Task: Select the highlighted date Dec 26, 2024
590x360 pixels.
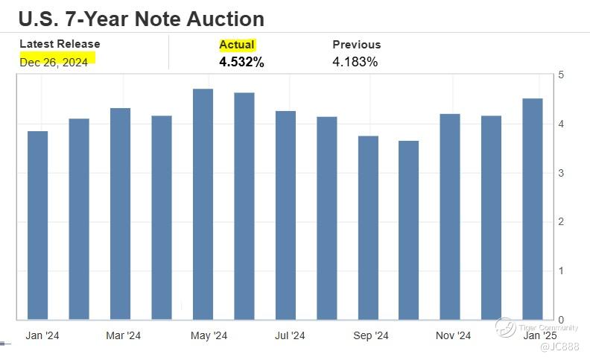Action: coord(54,62)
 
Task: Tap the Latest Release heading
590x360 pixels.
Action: coord(60,44)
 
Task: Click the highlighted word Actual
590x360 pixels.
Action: coord(237,45)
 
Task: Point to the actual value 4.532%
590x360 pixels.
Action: coord(241,62)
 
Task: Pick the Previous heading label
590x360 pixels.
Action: coord(356,45)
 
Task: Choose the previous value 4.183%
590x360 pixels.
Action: coord(355,62)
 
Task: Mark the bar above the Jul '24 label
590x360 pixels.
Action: coord(286,215)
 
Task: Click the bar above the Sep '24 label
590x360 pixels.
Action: coord(368,227)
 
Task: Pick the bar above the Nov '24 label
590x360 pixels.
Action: coord(451,217)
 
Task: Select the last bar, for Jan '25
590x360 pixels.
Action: coord(533,209)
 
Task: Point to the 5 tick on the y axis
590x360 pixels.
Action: coord(560,75)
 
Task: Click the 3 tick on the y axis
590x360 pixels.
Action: coord(560,173)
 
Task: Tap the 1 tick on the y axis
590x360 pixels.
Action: coord(560,271)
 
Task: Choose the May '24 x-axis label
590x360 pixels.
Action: coord(209,336)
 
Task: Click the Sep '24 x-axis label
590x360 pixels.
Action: coord(371,336)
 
